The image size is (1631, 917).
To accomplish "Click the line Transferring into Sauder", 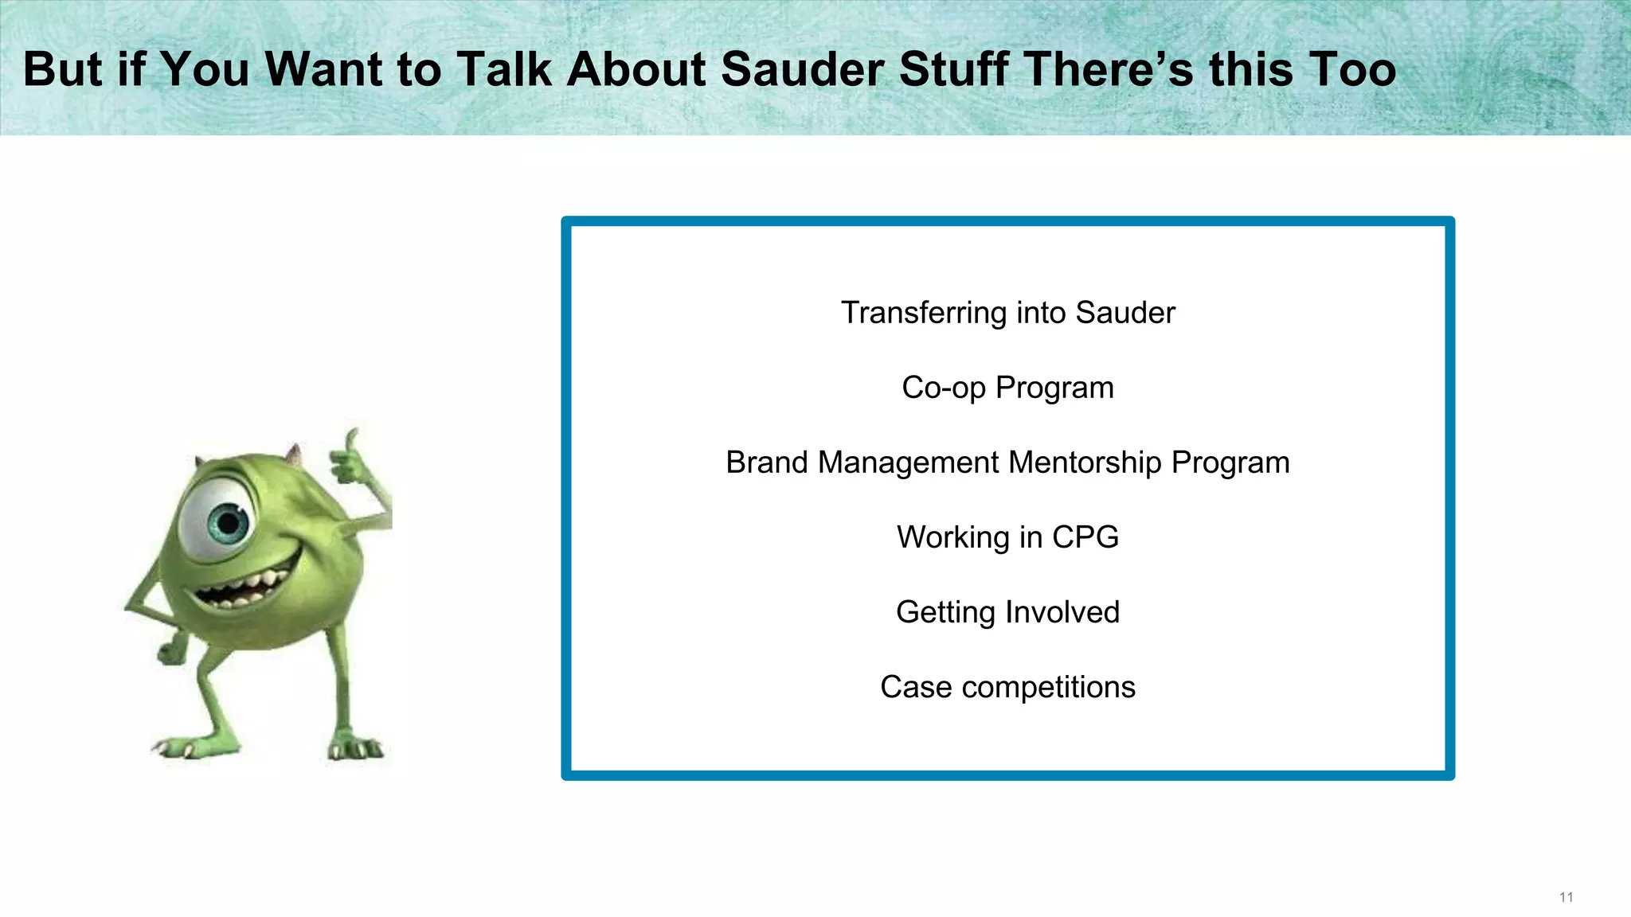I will (1007, 313).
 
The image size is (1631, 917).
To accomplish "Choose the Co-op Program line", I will (1007, 388).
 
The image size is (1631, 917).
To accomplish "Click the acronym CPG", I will (1085, 537).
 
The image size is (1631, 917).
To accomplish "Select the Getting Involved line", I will (1007, 612).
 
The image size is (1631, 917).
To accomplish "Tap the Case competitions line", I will (1007, 687).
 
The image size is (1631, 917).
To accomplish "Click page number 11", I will (1566, 897).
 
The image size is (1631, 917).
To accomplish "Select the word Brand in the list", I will (766, 462).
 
